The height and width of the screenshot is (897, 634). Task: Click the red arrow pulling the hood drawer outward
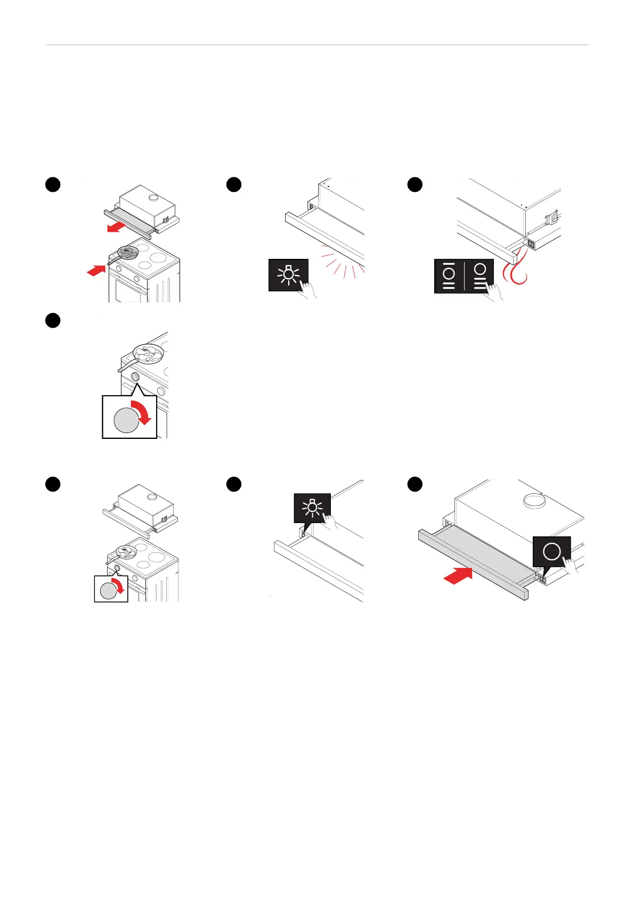point(117,227)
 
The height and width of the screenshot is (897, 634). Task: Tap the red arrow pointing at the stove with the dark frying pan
point(96,271)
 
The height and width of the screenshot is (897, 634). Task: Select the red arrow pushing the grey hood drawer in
point(458,575)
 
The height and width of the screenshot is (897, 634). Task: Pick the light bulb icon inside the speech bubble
point(312,508)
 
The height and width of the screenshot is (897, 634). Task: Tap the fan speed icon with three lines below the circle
point(479,275)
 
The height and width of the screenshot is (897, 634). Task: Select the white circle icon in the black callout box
point(552,551)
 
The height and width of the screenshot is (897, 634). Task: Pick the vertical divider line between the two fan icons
point(464,275)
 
